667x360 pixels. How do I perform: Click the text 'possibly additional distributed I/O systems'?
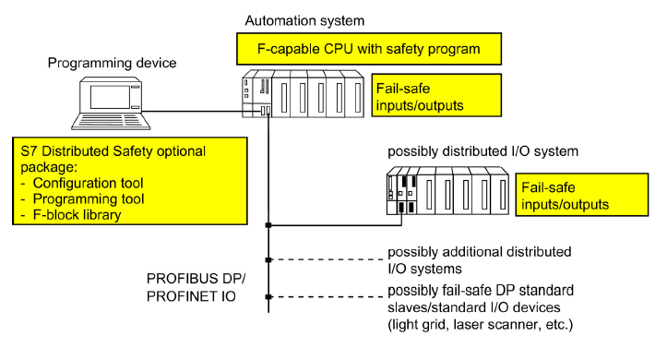(479, 259)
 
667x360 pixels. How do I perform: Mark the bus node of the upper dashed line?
(268, 260)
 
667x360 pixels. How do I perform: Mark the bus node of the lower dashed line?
(268, 297)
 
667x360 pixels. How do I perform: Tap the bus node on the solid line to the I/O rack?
(268, 224)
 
